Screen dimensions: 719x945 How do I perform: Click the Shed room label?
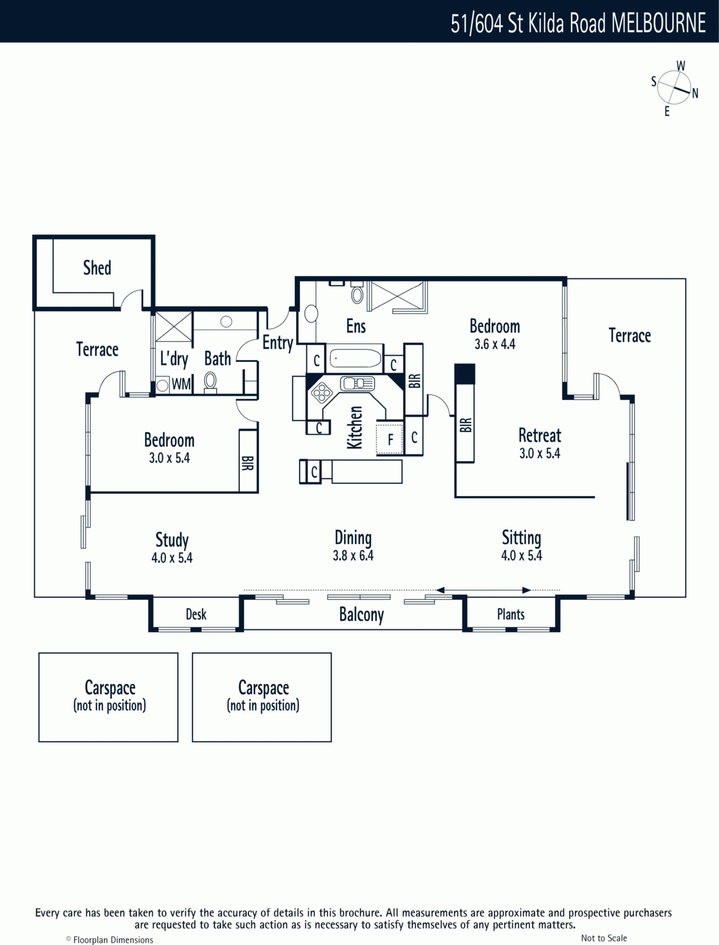pyautogui.click(x=97, y=268)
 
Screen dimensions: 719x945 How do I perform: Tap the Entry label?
pyautogui.click(x=278, y=343)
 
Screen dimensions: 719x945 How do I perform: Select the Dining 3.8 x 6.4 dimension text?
pyautogui.click(x=353, y=556)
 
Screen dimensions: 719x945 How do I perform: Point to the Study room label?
pyautogui.click(x=172, y=540)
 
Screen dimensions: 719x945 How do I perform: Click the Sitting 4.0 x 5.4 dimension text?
pyautogui.click(x=522, y=555)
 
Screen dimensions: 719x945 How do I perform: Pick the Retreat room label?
pyautogui.click(x=539, y=435)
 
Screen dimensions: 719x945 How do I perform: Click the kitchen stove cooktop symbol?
pyautogui.click(x=321, y=392)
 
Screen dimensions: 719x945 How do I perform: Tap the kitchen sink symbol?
pyautogui.click(x=357, y=383)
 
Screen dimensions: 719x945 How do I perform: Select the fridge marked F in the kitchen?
pyautogui.click(x=390, y=439)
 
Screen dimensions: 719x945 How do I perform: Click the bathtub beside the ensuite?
pyautogui.click(x=355, y=358)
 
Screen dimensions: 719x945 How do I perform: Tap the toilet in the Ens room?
pyautogui.click(x=357, y=292)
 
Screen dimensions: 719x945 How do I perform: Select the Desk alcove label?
pyautogui.click(x=196, y=614)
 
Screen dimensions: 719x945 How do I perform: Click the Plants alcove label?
pyautogui.click(x=510, y=614)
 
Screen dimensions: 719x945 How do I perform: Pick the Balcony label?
pyautogui.click(x=361, y=614)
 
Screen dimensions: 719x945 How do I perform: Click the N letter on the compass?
pyautogui.click(x=695, y=93)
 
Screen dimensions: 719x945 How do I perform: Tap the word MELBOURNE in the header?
pyautogui.click(x=659, y=23)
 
